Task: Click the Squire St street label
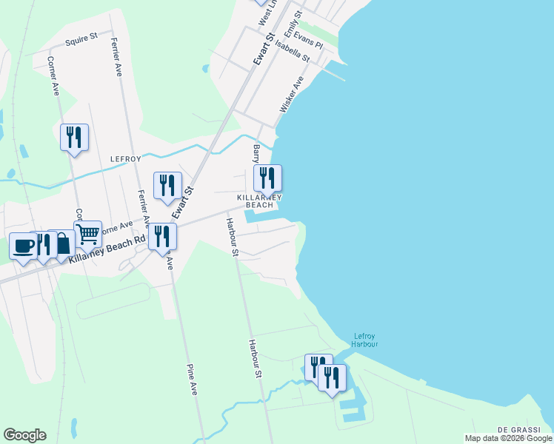[x=81, y=39]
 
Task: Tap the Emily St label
[x=298, y=24]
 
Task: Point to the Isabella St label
[x=292, y=50]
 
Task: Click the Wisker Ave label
[x=292, y=94]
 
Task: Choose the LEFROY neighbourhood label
[x=124, y=158]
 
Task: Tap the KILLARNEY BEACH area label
[x=260, y=201]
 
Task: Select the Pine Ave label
[x=193, y=379]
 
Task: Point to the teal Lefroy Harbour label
[x=366, y=340]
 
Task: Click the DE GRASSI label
[x=516, y=430]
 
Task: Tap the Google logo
[x=24, y=435]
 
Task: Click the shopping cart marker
[x=88, y=235]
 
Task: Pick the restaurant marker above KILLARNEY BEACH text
[x=267, y=178]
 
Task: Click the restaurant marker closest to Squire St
[x=74, y=137]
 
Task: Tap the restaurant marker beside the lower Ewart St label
[x=167, y=185]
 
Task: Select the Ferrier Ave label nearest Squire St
[x=117, y=57]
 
